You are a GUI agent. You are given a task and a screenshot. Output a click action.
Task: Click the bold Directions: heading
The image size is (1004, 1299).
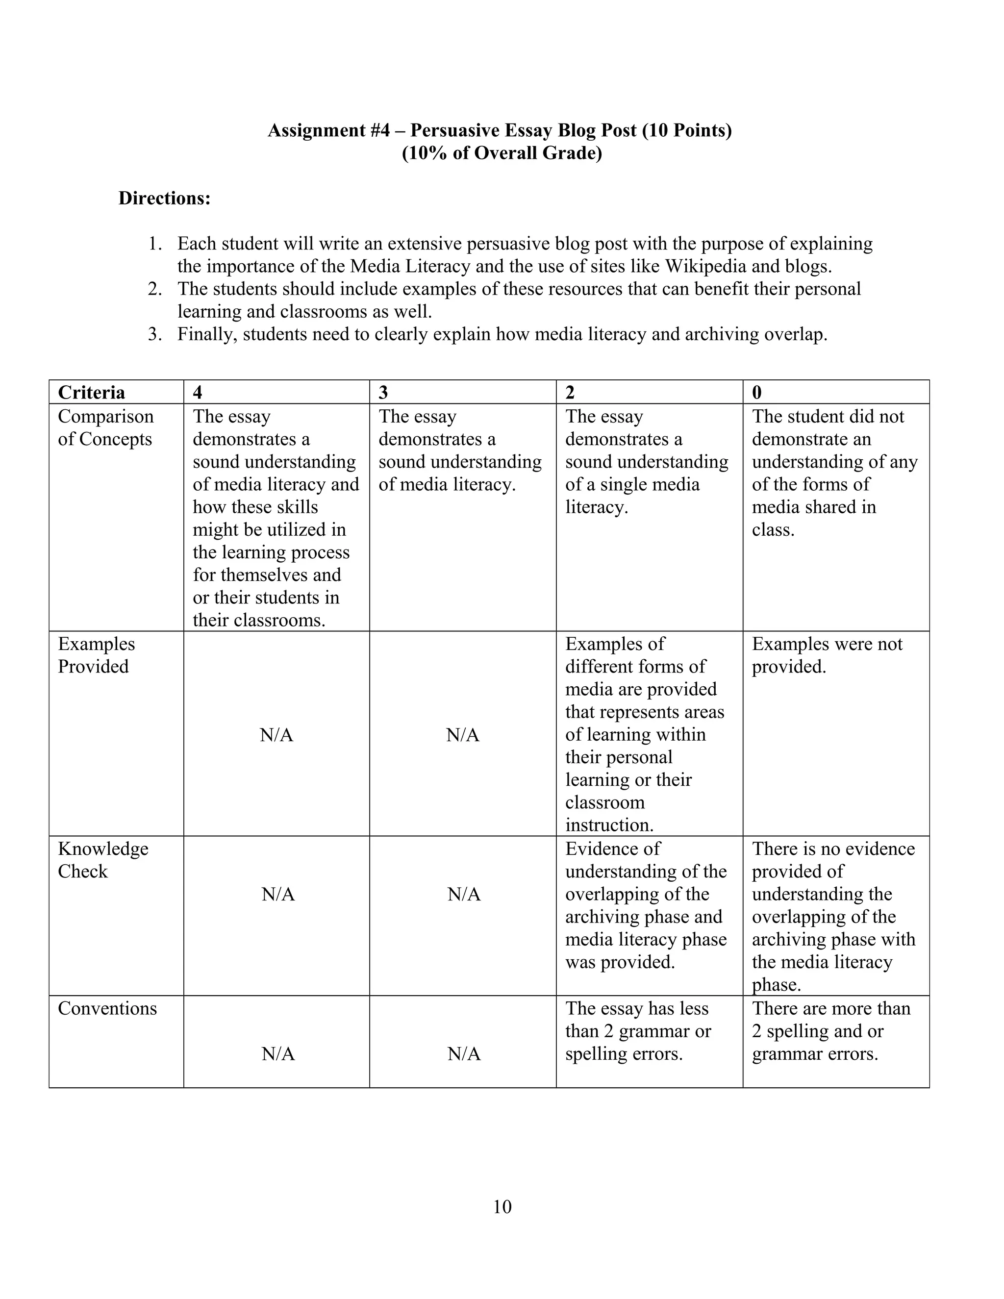164,198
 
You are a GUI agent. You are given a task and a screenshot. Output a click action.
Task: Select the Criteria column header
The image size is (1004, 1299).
91,393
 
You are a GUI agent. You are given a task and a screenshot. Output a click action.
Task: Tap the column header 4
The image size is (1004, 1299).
198,393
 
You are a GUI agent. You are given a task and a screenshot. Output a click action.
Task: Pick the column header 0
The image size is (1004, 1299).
756,393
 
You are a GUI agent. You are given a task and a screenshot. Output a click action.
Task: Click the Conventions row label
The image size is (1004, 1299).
107,1009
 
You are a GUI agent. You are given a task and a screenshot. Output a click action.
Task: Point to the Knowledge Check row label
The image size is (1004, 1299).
102,860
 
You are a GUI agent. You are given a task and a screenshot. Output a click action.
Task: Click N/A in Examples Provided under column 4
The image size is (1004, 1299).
276,735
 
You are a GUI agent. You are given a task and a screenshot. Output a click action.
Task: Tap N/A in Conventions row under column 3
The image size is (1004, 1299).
464,1054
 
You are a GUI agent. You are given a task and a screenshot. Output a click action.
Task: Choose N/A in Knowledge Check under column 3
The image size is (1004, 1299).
464,894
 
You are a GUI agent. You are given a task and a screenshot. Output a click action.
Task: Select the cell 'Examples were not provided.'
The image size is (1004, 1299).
827,655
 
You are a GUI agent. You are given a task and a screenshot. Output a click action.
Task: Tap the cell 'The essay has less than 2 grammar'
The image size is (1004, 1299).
638,1031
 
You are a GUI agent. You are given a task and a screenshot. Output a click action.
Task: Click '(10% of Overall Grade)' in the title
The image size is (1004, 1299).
502,153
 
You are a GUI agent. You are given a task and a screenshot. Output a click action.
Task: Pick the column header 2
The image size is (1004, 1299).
570,393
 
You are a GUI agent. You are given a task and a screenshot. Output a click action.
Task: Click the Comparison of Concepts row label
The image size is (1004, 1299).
105,427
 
